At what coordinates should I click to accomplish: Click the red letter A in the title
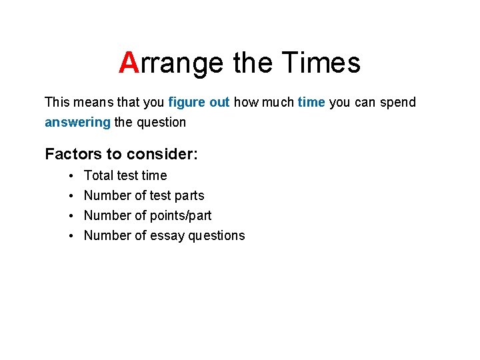128,63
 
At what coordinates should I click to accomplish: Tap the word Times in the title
321,63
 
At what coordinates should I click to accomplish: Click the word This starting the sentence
57,102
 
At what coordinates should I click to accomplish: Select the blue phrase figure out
199,102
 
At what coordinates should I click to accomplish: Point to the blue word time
311,102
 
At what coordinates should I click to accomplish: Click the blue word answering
77,122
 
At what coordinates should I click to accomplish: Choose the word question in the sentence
161,123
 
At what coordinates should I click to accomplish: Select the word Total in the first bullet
98,175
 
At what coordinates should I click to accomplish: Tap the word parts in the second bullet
188,195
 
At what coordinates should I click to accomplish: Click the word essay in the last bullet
167,235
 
